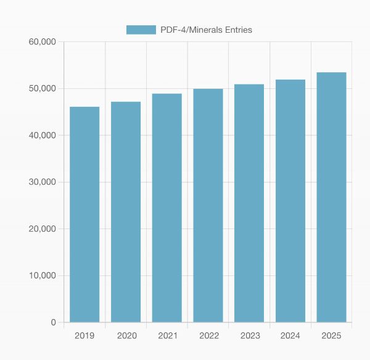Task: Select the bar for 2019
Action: click(84, 214)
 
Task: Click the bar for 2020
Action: click(126, 212)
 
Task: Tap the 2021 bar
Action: click(167, 207)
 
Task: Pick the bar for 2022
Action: click(208, 205)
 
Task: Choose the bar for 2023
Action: click(249, 203)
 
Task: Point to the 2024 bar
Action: click(290, 201)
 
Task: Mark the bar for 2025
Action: click(331, 197)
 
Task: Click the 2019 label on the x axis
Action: click(84, 335)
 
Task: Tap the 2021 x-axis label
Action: click(167, 335)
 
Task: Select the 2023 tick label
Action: click(249, 335)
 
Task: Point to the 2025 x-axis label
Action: click(331, 335)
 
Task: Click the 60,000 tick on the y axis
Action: click(43, 42)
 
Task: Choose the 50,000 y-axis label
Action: click(43, 89)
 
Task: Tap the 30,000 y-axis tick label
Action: click(43, 182)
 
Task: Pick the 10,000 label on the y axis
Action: click(43, 275)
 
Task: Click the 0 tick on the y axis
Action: click(53, 322)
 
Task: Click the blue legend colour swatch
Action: click(141, 30)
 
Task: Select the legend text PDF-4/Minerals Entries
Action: click(206, 30)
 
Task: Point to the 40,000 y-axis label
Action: click(43, 135)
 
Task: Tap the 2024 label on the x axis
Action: click(290, 335)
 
